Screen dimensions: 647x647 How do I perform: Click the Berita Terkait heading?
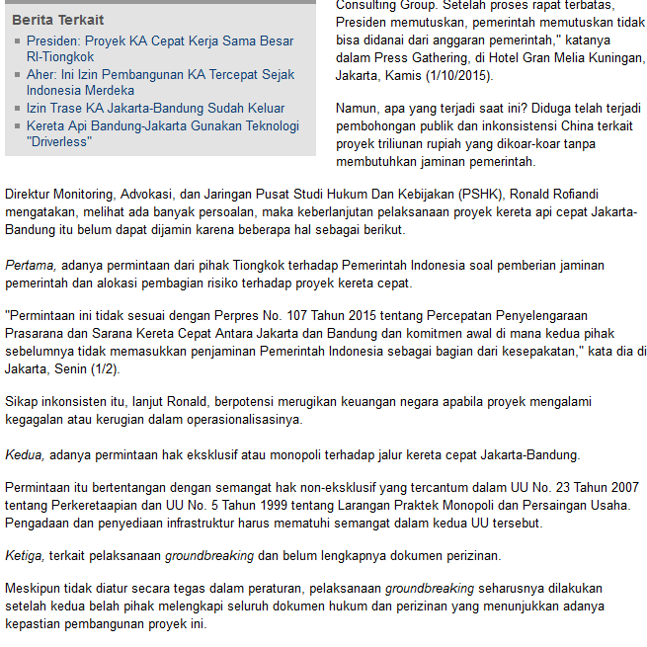pos(57,20)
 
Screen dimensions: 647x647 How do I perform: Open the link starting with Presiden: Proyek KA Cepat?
pos(159,40)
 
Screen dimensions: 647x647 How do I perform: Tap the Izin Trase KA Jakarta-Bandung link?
pos(155,108)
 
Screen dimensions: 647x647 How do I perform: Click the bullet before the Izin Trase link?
pos(17,109)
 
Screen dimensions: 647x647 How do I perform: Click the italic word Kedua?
pos(25,455)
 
